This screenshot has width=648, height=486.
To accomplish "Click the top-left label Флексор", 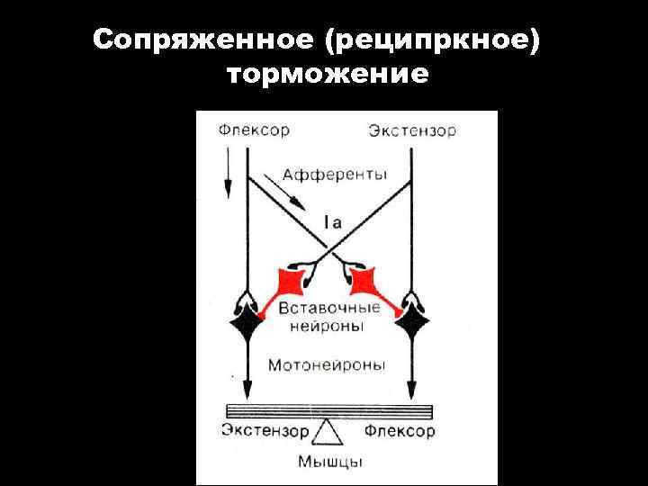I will (254, 130).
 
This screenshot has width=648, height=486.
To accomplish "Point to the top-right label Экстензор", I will (411, 131).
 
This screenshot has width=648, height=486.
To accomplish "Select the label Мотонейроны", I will (327, 365).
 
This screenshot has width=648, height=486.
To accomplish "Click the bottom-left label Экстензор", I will (265, 431).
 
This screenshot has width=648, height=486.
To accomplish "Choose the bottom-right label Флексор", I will (400, 431).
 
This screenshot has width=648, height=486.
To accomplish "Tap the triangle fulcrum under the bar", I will (328, 434).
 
